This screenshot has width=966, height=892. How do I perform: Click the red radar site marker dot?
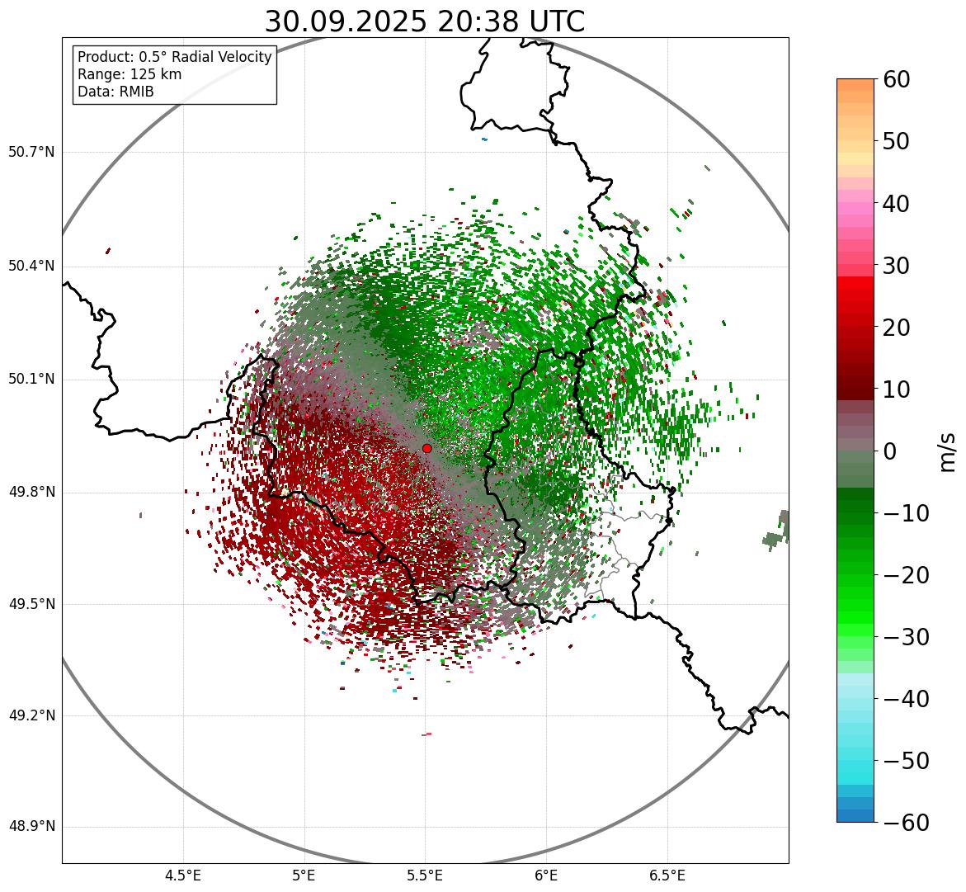pos(426,448)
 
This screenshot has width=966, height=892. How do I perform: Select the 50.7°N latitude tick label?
pos(31,153)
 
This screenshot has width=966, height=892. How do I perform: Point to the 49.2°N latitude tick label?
pos(31,715)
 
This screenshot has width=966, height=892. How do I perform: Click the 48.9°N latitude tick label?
pos(31,827)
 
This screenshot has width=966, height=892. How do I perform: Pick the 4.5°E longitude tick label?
pos(183,875)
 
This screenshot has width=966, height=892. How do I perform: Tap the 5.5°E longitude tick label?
pos(425,875)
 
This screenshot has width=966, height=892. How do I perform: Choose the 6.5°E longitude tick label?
pos(667,875)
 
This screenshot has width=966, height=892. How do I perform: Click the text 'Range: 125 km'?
pos(130,74)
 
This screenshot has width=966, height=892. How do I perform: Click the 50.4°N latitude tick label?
pos(31,266)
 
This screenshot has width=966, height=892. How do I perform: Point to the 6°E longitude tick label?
pos(545,875)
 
